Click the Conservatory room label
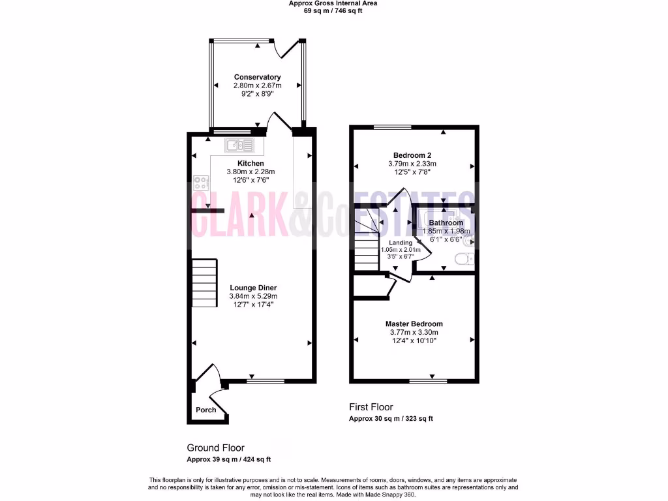click(x=258, y=77)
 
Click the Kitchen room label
click(x=250, y=163)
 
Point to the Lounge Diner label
click(x=253, y=288)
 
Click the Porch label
click(x=206, y=410)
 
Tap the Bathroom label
click(x=446, y=223)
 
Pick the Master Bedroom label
click(x=414, y=324)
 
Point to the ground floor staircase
click(x=204, y=283)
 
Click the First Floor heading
click(x=371, y=407)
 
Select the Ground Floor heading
click(x=215, y=448)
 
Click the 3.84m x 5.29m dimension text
click(x=253, y=296)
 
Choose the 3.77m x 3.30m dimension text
click(x=414, y=332)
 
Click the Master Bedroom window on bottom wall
click(x=428, y=380)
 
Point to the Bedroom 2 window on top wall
click(x=392, y=127)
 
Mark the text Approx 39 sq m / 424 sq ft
click(x=228, y=459)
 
